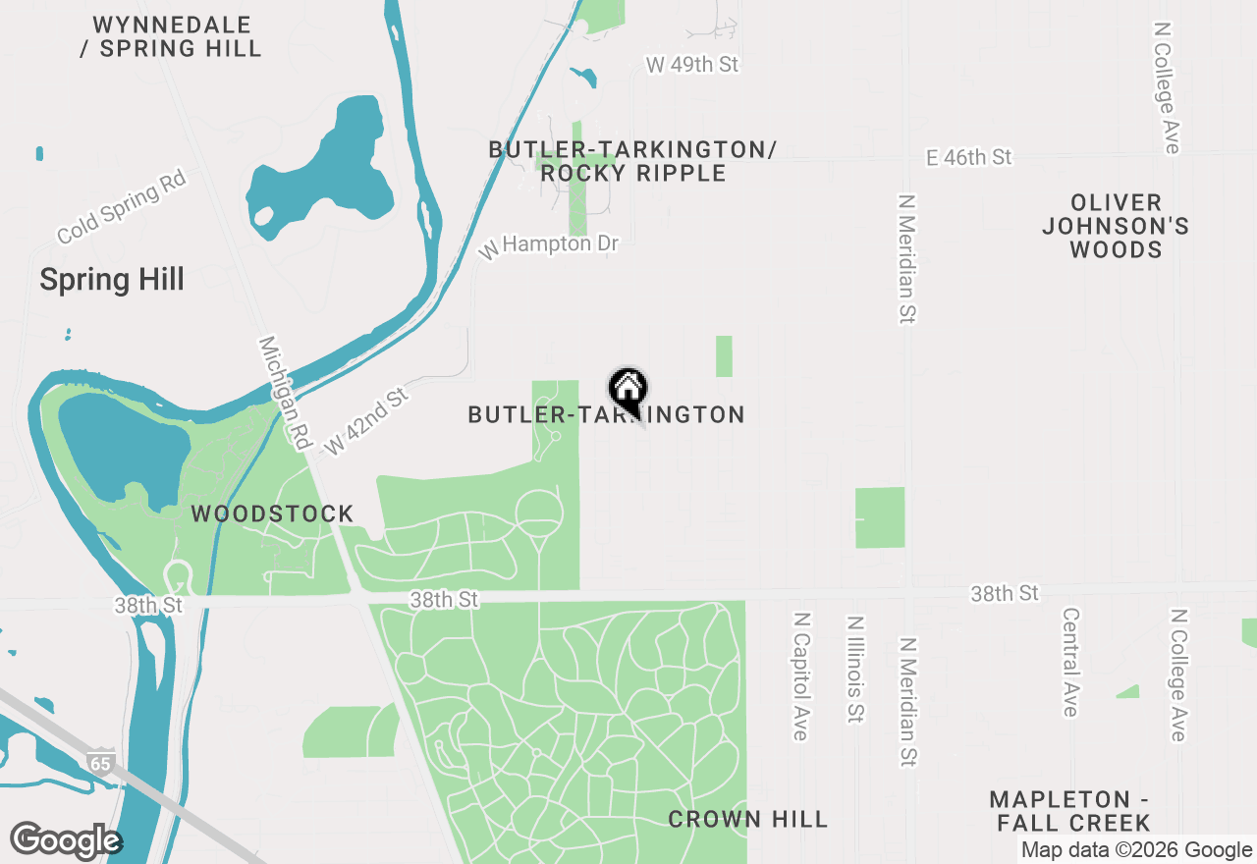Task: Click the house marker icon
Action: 628,390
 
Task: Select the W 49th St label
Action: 692,65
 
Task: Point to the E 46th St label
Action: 968,158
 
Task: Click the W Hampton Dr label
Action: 549,244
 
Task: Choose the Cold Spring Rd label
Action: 121,206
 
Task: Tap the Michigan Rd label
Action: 283,394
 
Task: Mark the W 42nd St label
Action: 365,421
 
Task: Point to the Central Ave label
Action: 1070,662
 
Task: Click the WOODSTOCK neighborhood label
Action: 272,513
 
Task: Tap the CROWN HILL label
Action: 748,819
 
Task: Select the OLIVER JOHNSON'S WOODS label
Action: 1116,226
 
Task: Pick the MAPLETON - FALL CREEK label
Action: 1069,811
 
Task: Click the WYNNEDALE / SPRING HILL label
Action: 171,36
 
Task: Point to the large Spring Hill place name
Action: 112,280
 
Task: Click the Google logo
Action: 66,840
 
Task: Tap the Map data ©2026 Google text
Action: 1136,850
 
